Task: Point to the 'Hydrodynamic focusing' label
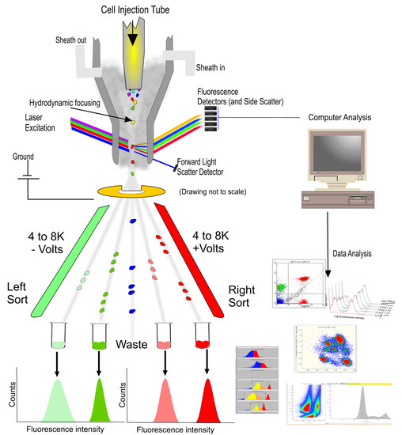(89, 101)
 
